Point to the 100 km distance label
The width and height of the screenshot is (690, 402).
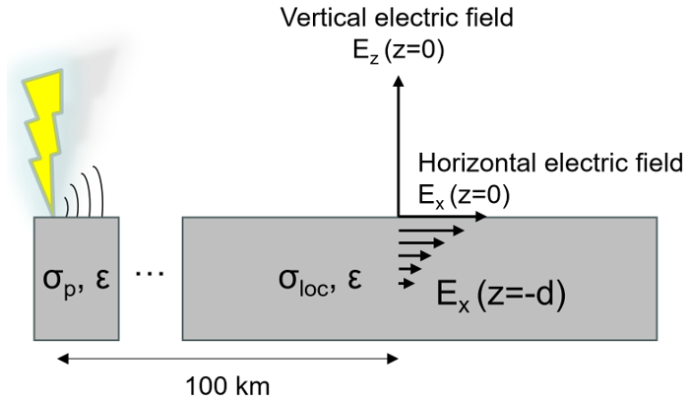click(227, 382)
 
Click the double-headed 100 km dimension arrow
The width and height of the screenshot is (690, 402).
click(226, 358)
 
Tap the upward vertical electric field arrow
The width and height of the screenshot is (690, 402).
click(398, 148)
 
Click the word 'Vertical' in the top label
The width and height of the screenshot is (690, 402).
click(317, 18)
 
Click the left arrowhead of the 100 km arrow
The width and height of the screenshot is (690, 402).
click(61, 358)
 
